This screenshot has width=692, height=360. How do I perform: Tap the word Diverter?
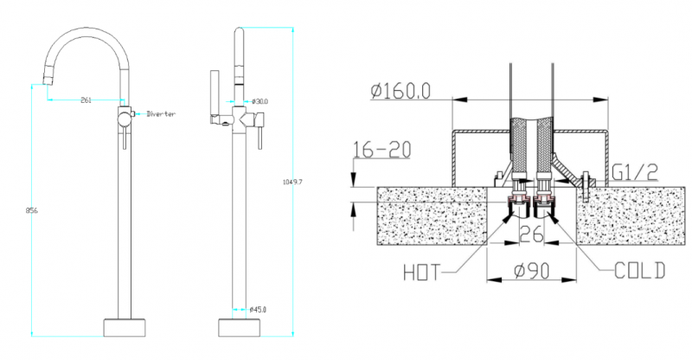click(162, 113)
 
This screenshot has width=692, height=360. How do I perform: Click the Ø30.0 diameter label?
click(259, 101)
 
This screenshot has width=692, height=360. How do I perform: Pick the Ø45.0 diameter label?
click(258, 309)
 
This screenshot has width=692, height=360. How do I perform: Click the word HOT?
click(427, 273)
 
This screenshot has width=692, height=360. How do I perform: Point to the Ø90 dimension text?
click(529, 270)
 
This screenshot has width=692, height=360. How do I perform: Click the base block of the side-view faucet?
click(240, 326)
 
